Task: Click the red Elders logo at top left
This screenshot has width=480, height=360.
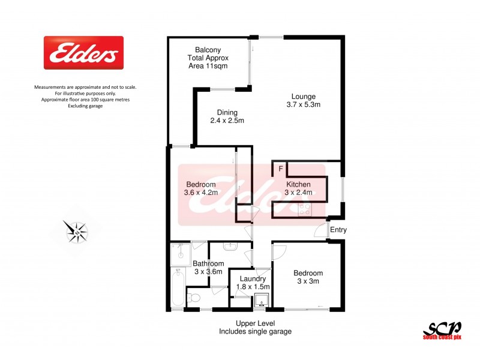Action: click(x=83, y=53)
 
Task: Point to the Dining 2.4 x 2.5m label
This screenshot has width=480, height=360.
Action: click(x=227, y=116)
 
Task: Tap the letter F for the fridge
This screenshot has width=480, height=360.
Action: click(x=280, y=169)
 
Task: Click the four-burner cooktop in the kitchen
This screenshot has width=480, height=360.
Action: click(x=305, y=209)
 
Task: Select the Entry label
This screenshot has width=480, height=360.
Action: click(x=338, y=230)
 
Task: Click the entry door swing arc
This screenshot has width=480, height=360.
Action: click(x=320, y=232)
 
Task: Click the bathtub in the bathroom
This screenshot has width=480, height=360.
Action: click(x=178, y=289)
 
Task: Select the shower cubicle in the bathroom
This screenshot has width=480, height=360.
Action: click(x=180, y=254)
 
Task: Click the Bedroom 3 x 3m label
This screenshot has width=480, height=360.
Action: click(x=308, y=277)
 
